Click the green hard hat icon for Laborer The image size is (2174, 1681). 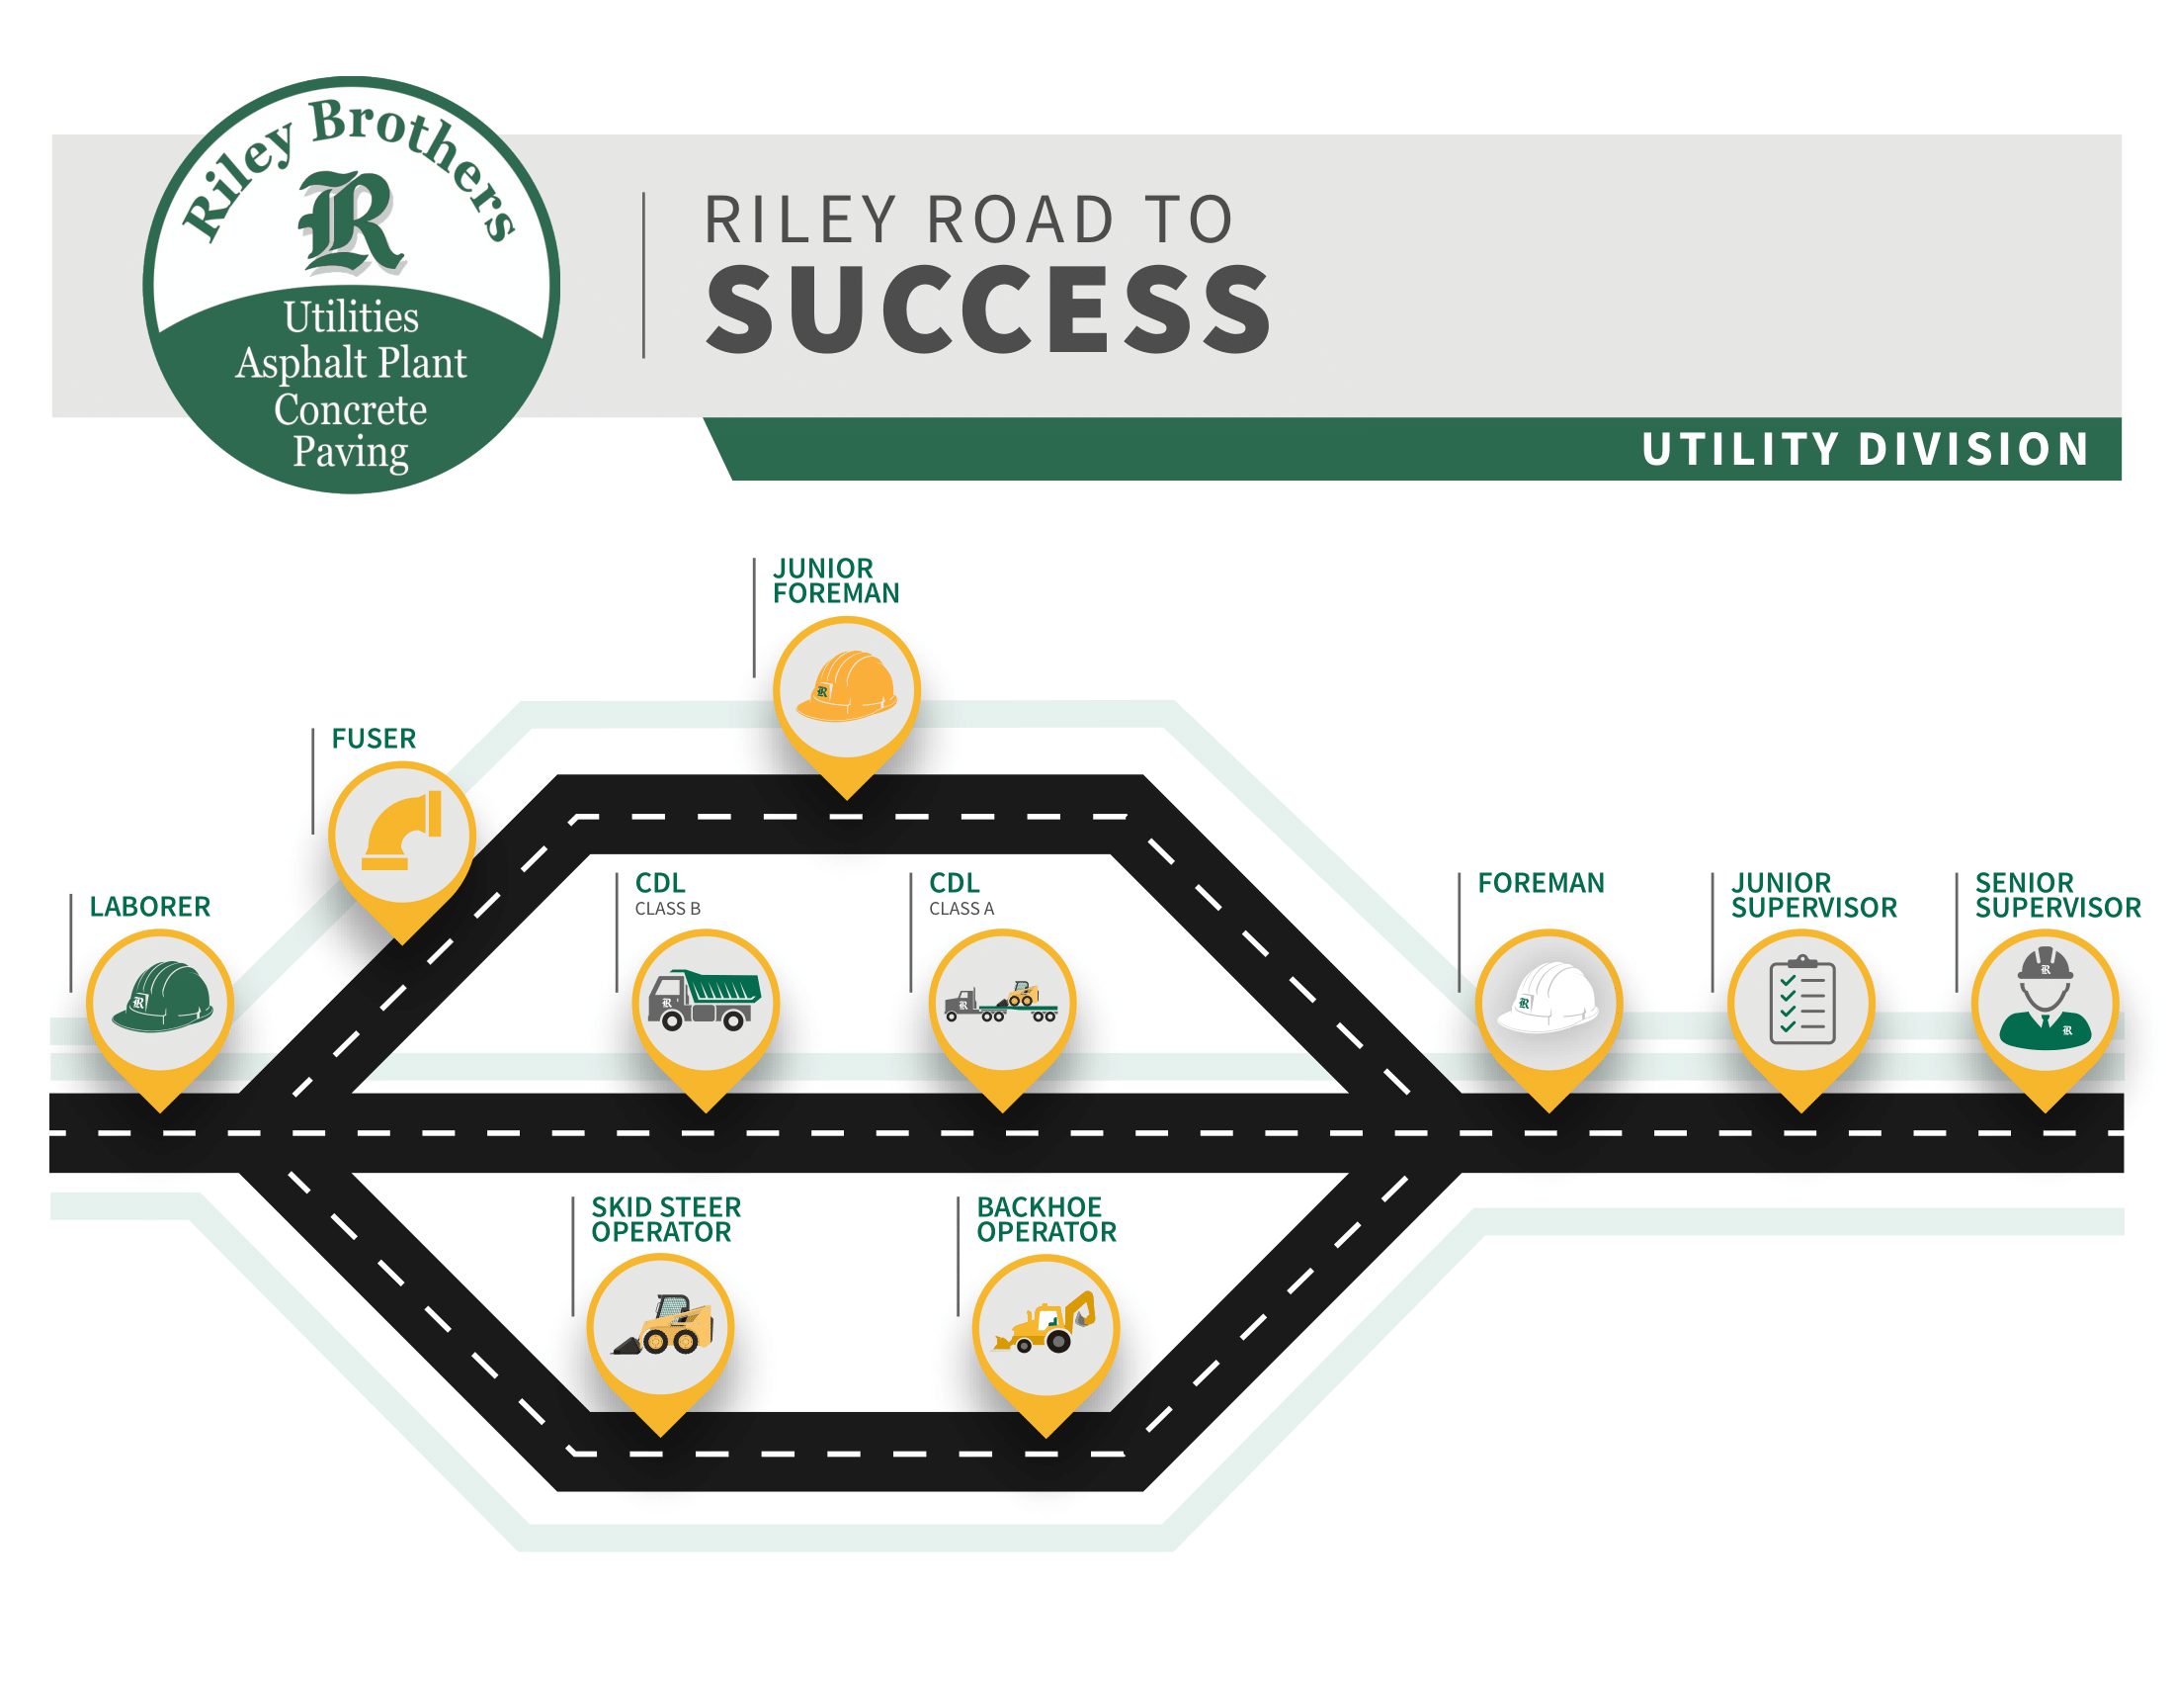tap(161, 997)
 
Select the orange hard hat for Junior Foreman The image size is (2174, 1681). tap(846, 686)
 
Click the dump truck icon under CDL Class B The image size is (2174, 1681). tap(705, 1000)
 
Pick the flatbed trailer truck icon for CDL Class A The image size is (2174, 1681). tap(1001, 1002)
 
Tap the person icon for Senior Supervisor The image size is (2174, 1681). tap(2045, 999)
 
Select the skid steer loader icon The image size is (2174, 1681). tap(662, 1324)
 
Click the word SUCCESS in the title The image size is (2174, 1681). tap(988, 310)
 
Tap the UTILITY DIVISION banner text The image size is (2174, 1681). tap(1866, 450)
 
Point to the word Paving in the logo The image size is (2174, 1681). tap(351, 452)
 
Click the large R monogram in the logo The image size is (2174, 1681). tap(351, 221)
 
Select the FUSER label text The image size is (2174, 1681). tap(374, 739)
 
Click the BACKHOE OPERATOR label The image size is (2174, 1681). tap(1046, 1220)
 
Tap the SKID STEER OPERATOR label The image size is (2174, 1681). tap(666, 1220)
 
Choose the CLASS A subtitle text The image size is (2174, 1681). tap(962, 909)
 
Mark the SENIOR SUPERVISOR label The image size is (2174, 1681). tap(2057, 895)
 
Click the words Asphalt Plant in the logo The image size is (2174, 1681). tap(351, 363)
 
